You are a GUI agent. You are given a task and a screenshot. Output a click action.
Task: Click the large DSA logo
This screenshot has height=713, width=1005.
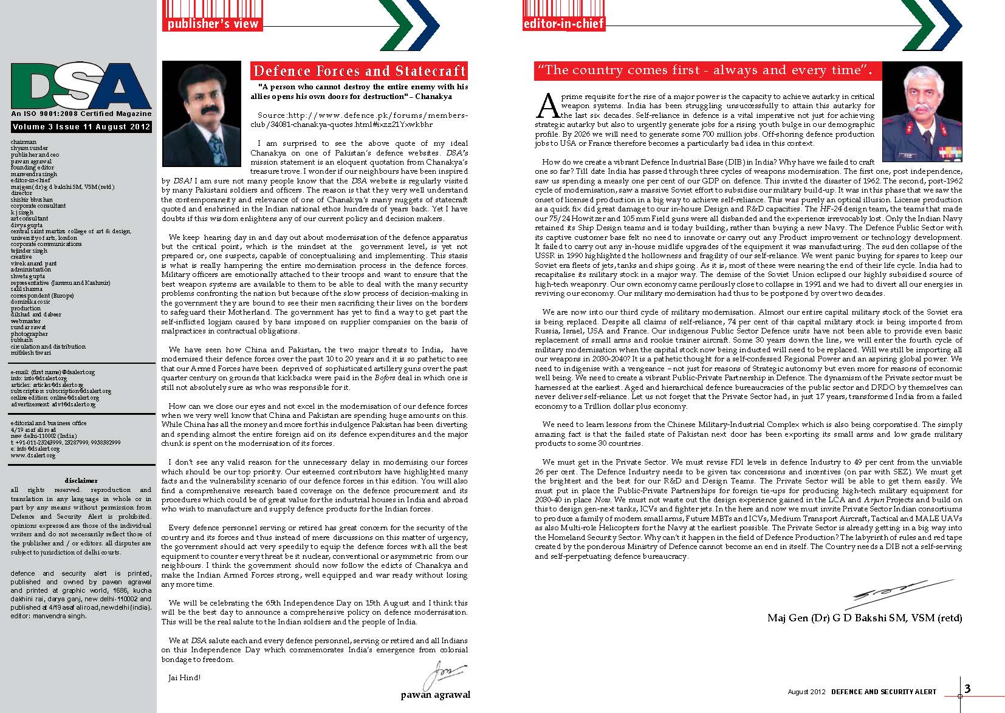pyautogui.click(x=81, y=87)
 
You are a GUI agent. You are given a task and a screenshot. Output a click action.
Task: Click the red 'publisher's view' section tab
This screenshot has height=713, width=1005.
pyautogui.click(x=213, y=24)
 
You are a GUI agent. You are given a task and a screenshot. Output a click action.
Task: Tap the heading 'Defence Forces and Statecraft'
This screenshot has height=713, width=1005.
pyautogui.click(x=359, y=71)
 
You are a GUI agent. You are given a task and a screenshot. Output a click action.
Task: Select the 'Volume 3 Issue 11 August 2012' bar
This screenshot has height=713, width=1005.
pyautogui.click(x=81, y=127)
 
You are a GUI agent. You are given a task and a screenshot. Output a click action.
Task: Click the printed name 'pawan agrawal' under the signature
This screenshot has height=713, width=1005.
pyautogui.click(x=435, y=694)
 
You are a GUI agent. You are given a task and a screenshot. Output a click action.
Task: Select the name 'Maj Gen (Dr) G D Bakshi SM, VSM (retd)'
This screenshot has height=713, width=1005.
pyautogui.click(x=865, y=618)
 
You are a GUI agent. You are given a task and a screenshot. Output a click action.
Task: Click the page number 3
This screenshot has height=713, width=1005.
pyautogui.click(x=968, y=688)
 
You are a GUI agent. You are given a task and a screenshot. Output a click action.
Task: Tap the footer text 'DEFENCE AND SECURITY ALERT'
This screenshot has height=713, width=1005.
pyautogui.click(x=883, y=692)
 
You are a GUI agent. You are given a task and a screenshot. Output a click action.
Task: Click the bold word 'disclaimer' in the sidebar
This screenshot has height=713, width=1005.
pyautogui.click(x=81, y=480)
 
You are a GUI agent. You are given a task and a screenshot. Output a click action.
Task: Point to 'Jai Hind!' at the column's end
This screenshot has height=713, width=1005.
pyautogui.click(x=184, y=678)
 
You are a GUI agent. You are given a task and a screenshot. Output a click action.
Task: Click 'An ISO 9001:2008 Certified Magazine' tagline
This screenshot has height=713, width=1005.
pyautogui.click(x=81, y=114)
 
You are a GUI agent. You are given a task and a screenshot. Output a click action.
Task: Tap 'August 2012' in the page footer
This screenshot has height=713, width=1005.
pyautogui.click(x=806, y=692)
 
